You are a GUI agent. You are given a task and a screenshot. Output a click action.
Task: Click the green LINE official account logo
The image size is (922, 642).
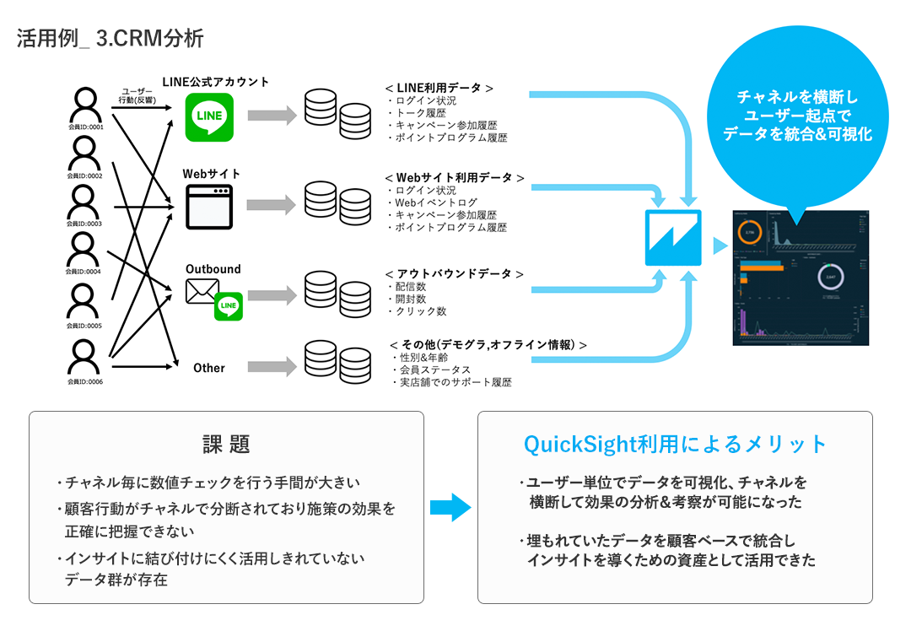(x=209, y=116)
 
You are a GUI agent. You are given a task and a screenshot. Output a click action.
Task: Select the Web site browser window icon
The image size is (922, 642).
(x=209, y=207)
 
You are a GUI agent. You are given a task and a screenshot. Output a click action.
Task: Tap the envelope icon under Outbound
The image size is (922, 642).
(x=202, y=292)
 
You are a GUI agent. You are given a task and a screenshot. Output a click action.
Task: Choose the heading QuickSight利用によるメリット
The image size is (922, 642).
(x=675, y=445)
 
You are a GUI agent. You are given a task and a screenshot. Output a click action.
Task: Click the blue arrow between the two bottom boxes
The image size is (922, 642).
(x=450, y=507)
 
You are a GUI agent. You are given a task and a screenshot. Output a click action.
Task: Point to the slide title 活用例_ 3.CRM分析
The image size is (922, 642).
(x=110, y=39)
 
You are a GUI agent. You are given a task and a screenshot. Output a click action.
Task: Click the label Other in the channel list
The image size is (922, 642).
(x=209, y=368)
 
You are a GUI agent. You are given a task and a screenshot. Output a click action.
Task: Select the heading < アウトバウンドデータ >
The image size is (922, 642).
(x=454, y=274)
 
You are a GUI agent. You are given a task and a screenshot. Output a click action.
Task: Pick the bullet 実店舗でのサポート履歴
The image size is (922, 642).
(x=456, y=382)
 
